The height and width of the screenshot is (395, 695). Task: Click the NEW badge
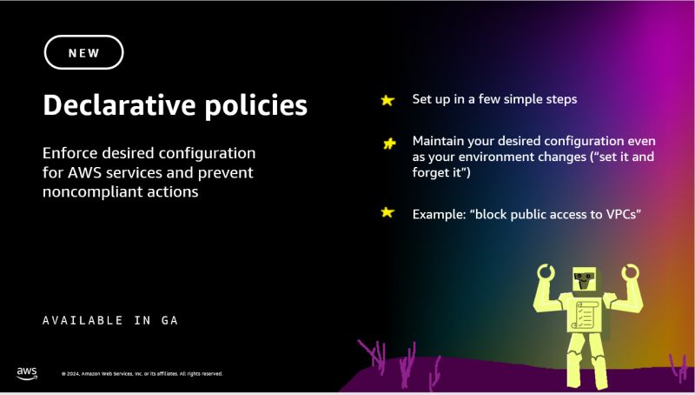click(x=83, y=52)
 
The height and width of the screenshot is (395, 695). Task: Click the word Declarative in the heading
click(x=109, y=105)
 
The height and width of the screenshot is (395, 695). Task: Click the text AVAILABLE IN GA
click(x=110, y=320)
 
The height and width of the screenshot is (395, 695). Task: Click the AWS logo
click(x=27, y=372)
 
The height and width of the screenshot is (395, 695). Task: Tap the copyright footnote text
click(x=142, y=373)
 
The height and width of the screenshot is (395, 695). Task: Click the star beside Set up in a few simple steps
click(x=387, y=100)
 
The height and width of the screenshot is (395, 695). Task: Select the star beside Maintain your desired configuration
click(x=389, y=144)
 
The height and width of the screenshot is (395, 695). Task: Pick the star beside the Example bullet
click(x=387, y=212)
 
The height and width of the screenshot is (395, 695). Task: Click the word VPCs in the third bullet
click(x=619, y=213)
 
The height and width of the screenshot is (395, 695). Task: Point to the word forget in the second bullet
click(x=431, y=172)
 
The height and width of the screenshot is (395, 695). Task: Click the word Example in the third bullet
click(x=439, y=213)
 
